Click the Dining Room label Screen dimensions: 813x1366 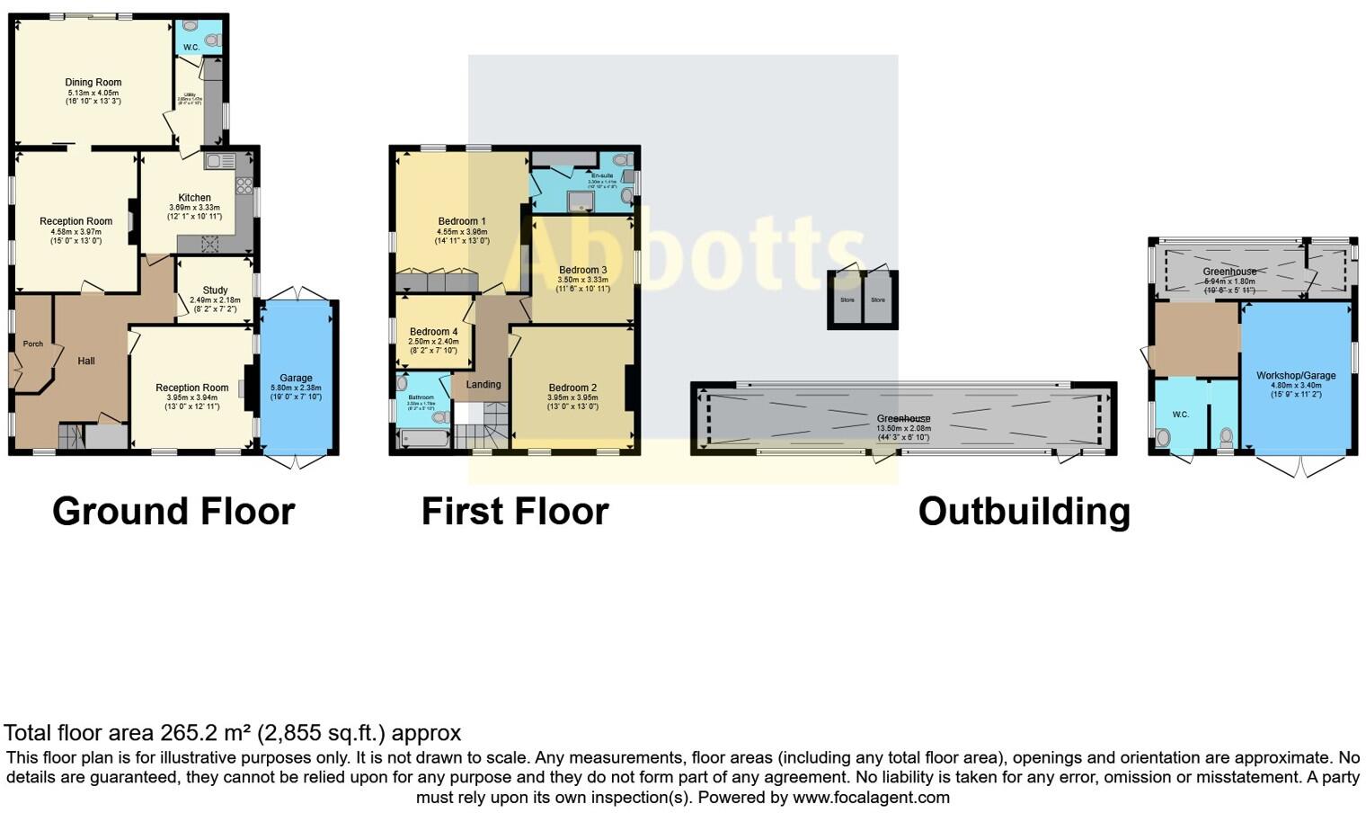click(x=93, y=82)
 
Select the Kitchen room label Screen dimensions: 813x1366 click(x=194, y=198)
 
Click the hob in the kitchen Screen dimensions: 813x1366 click(x=244, y=186)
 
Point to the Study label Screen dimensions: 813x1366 click(x=215, y=290)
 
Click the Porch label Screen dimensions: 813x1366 click(x=32, y=344)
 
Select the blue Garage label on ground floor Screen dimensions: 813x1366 click(x=296, y=378)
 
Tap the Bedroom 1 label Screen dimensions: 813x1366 click(x=462, y=221)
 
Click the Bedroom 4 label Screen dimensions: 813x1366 click(x=433, y=332)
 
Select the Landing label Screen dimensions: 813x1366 click(x=483, y=384)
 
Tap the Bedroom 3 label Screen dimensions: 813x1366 click(x=582, y=270)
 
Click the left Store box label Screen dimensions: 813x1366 click(x=847, y=299)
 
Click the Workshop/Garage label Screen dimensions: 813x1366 click(x=1296, y=375)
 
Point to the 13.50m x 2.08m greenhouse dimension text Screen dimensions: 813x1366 click(x=903, y=428)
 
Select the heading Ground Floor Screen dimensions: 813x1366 click(x=173, y=511)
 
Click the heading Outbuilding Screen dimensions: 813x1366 click(x=1024, y=511)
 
